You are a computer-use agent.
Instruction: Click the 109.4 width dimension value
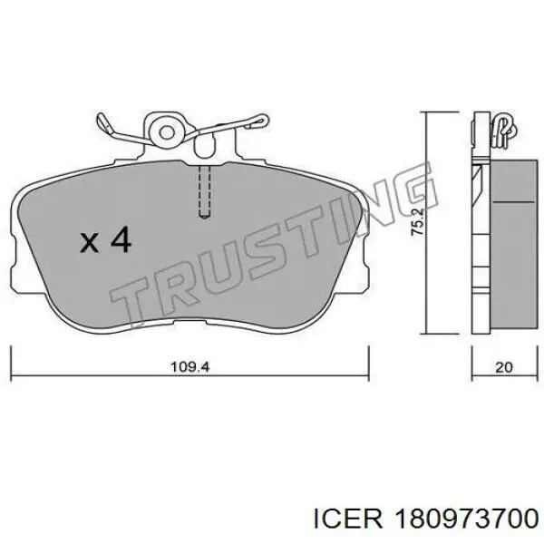tap(190, 366)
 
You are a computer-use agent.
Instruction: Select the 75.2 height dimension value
tap(417, 221)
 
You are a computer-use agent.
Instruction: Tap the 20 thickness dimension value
tap(504, 367)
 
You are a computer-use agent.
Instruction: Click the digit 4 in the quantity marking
tap(121, 239)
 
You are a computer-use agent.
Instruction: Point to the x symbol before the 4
tap(90, 242)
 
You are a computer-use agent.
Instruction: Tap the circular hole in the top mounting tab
tap(167, 132)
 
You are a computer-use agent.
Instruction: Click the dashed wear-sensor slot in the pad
tap(205, 192)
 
